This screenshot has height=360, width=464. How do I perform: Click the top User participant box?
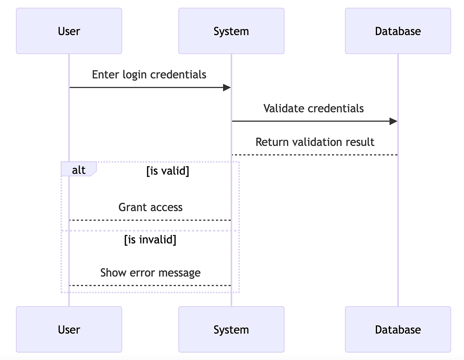click(x=69, y=31)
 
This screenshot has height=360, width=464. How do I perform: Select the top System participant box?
click(x=231, y=31)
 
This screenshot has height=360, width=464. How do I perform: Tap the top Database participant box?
click(x=398, y=31)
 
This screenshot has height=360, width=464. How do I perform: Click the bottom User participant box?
click(x=69, y=329)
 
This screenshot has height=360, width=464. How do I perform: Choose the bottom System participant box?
click(x=231, y=329)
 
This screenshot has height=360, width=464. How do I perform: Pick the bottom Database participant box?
click(x=398, y=329)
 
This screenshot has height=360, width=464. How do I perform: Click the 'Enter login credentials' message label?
click(x=149, y=74)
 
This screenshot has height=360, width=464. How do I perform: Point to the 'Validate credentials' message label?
click(x=314, y=108)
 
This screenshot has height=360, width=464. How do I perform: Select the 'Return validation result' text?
click(x=315, y=142)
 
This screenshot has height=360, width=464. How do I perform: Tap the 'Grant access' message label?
click(x=150, y=207)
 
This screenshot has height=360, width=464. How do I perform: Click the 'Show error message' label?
click(x=150, y=273)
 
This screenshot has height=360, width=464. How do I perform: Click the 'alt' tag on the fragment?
click(x=78, y=170)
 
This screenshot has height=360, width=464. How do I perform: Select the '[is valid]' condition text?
click(x=168, y=171)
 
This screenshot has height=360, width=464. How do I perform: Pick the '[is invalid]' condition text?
click(x=150, y=240)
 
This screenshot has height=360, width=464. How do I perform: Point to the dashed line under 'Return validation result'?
click(x=315, y=155)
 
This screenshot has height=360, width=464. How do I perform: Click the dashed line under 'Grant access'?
click(x=150, y=220)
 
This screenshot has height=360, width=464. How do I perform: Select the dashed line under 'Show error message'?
click(x=150, y=285)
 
